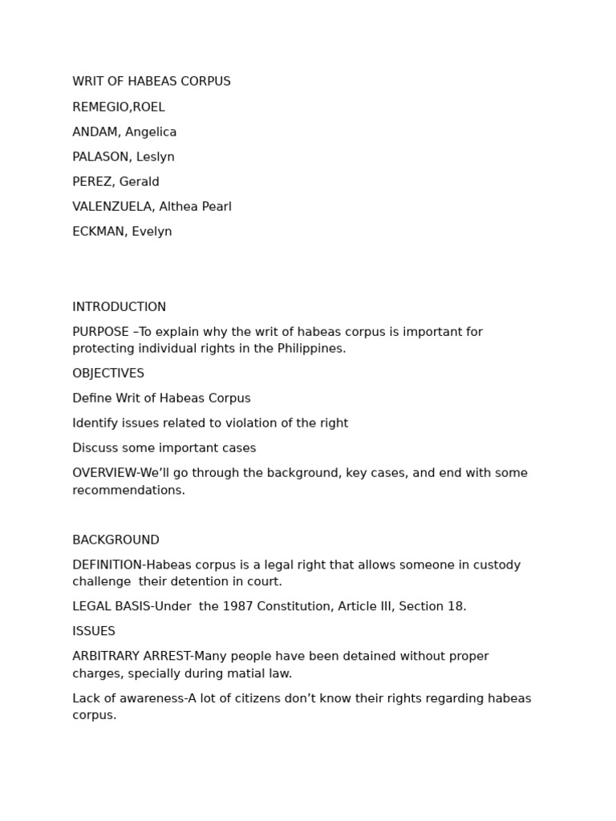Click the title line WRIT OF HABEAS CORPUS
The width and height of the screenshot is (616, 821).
coord(152,82)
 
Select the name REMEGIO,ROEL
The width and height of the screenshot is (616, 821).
coord(119,107)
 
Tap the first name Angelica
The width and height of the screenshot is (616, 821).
coord(151,132)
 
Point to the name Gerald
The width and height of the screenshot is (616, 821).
coord(139,182)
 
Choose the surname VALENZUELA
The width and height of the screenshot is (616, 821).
coord(112,207)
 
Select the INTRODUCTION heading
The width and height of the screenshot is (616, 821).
coord(120,307)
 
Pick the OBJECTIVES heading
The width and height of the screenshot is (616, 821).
coord(108,374)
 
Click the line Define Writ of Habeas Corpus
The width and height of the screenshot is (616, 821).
coord(161,398)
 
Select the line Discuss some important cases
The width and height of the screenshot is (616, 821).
coord(164,448)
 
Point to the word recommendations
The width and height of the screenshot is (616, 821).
coord(127,491)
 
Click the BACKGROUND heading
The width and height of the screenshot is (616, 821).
coord(115,540)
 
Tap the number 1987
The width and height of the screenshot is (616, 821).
coord(238,607)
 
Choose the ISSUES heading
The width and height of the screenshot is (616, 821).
coord(94,632)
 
